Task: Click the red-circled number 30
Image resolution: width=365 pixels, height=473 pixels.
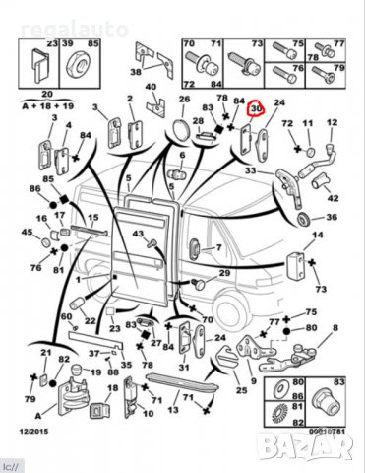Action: (257, 109)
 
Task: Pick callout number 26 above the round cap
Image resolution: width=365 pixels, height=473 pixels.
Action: (184, 100)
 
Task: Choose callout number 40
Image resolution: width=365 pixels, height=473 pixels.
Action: (152, 88)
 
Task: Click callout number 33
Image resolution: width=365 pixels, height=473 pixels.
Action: (251, 170)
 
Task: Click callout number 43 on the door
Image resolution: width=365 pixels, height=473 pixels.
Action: (138, 233)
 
